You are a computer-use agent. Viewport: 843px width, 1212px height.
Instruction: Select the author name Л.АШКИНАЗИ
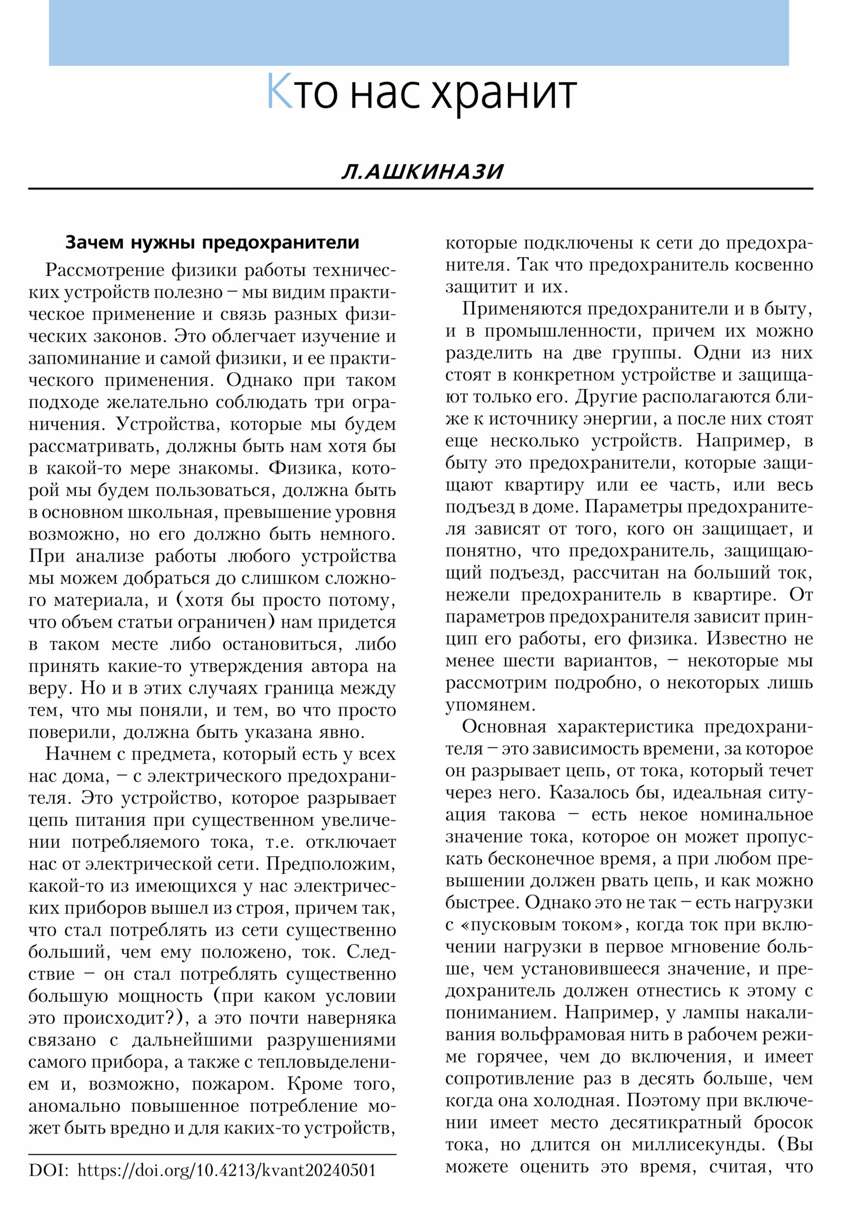point(422,172)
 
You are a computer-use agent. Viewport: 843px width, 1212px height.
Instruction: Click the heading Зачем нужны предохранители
point(212,242)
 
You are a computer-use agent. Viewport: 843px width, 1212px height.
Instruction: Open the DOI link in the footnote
point(227,1170)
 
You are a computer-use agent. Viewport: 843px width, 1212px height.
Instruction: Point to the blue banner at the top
point(418,33)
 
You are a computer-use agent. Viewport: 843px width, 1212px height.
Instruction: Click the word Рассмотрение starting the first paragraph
point(102,270)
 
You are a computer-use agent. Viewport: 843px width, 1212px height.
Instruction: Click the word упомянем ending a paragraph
point(489,705)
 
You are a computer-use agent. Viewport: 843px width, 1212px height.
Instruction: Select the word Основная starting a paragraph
point(504,727)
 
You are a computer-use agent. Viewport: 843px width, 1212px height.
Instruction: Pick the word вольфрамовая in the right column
point(557,1034)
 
